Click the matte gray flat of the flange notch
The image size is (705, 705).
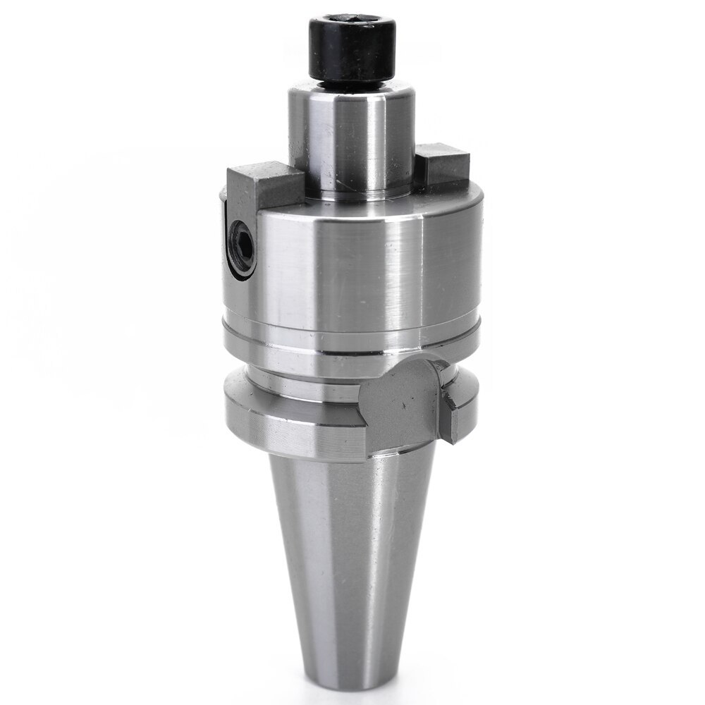click(402, 402)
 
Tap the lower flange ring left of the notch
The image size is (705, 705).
click(282, 423)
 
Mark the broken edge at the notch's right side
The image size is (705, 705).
click(451, 416)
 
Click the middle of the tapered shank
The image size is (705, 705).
click(352, 550)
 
